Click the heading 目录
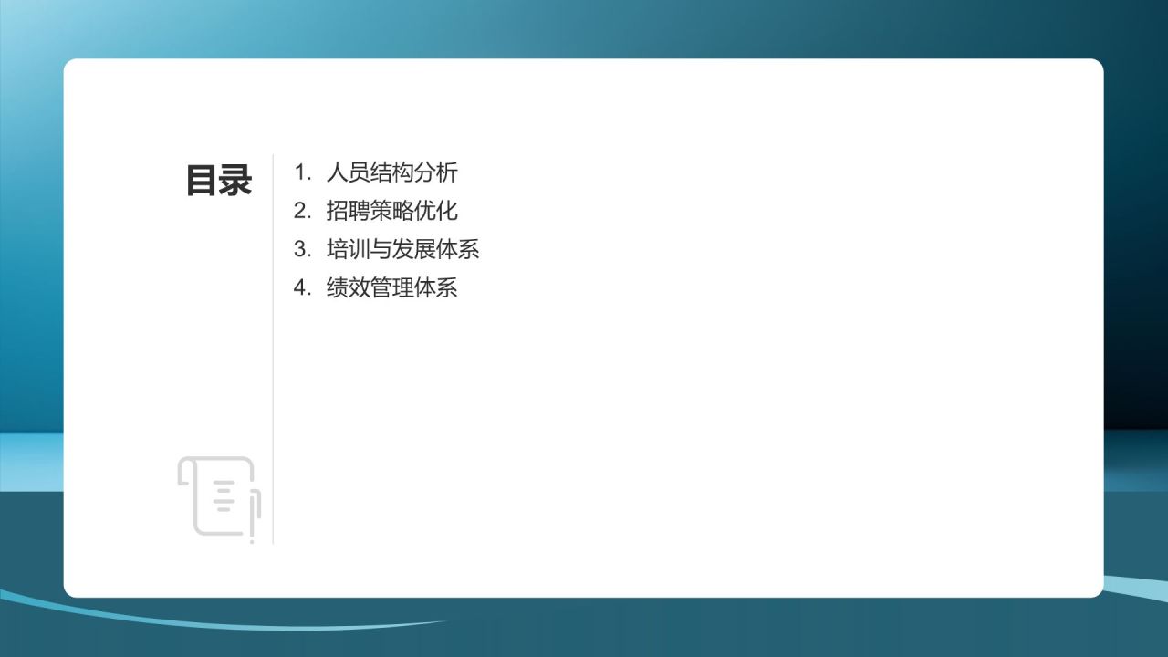coord(219,181)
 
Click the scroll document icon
coord(219,496)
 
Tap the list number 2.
coord(302,211)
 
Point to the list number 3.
coord(302,249)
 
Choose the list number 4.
coord(302,288)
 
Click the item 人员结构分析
coord(391,172)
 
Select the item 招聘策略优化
coord(391,211)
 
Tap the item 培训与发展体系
coord(402,249)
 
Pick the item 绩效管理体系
coord(391,288)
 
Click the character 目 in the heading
coord(202,181)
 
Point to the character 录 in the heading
coord(235,181)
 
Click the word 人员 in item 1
coord(348,172)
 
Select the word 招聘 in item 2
coord(348,211)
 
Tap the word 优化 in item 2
coord(436,211)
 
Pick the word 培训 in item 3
coord(348,249)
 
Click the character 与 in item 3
coord(381,249)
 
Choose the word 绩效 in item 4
coord(348,288)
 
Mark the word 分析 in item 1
coord(436,172)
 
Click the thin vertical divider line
coord(273,365)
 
